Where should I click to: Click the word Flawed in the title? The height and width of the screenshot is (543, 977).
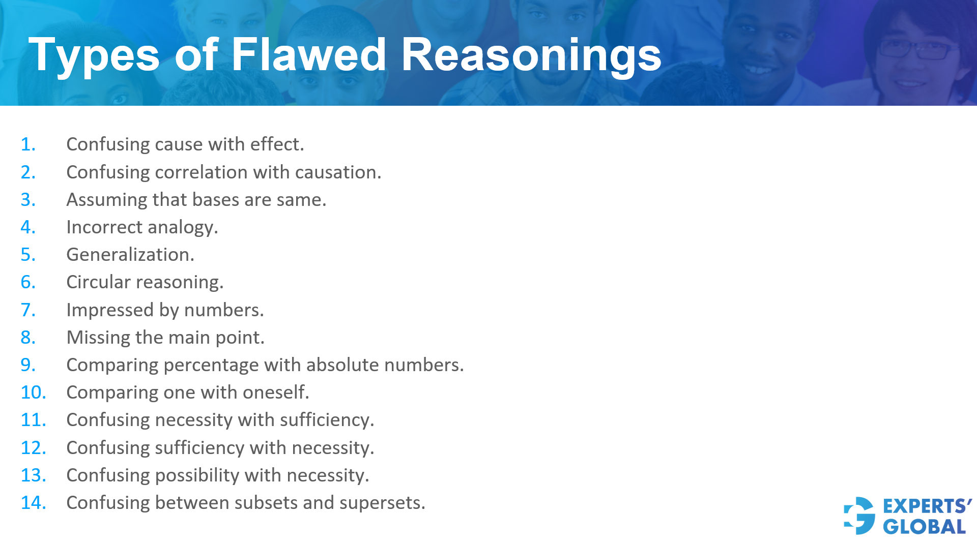309,54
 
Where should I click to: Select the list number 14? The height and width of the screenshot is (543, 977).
33,503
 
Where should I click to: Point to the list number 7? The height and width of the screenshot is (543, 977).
28,310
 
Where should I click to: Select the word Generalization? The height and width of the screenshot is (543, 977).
130,255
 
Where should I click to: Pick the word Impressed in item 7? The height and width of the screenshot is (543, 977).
109,311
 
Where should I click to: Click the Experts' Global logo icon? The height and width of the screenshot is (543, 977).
859,516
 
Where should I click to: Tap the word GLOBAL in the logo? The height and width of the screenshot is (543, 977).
924,527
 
